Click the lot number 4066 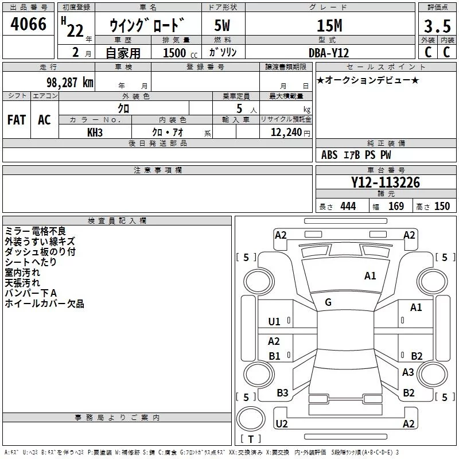[28, 24]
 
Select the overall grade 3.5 [437, 26]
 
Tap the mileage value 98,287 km [69, 83]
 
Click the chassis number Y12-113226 [386, 182]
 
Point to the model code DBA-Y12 [329, 53]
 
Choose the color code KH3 [95, 133]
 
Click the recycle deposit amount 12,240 [286, 133]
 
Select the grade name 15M [329, 26]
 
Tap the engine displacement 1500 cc [180, 53]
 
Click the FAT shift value [17, 120]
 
